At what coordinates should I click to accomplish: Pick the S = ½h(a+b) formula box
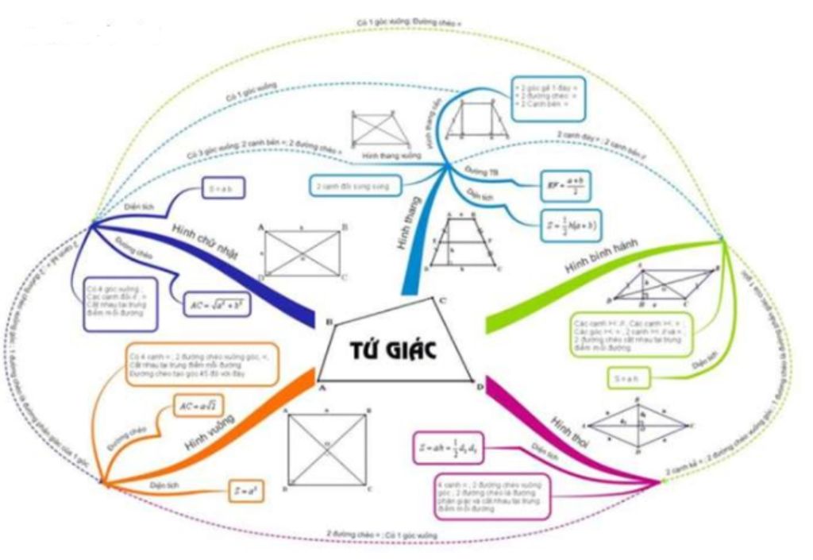570,225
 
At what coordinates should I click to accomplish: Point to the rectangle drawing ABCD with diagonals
302,253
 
